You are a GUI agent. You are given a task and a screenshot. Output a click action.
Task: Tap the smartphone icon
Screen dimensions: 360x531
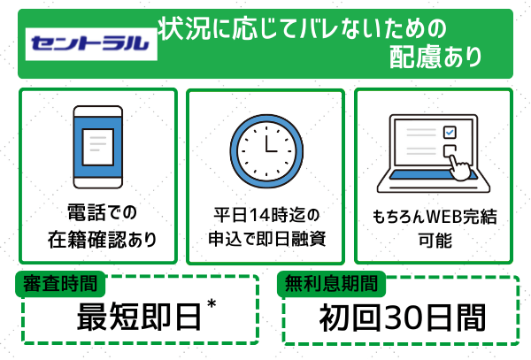pos(97,144)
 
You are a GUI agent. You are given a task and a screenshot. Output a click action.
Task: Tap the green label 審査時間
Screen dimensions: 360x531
pos(61,284)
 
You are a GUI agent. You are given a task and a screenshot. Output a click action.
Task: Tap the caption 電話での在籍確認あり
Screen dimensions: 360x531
pos(97,226)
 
